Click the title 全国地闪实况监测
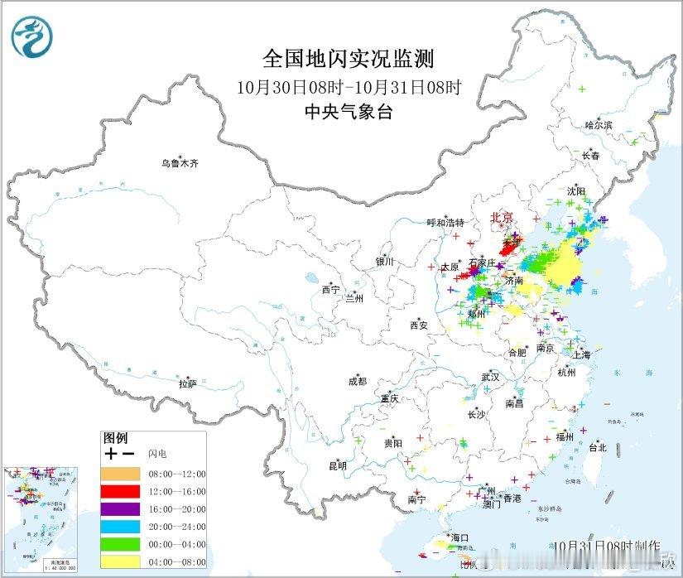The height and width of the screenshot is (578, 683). pos(348,59)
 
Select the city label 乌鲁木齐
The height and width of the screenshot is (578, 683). pos(180,164)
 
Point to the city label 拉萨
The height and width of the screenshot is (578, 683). pos(188,383)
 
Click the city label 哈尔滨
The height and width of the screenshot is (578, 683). pos(599,125)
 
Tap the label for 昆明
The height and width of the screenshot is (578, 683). pos(337,465)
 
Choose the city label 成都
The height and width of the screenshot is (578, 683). pos(358,382)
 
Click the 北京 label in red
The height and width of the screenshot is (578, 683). pos(502,218)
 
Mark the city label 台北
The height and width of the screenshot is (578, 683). pos(597,447)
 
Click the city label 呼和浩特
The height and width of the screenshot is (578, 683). pos(445,223)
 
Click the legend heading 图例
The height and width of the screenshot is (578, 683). pos(115,437)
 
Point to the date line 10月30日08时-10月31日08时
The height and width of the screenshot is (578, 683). pos(348,86)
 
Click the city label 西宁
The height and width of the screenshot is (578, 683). pos(330,290)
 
